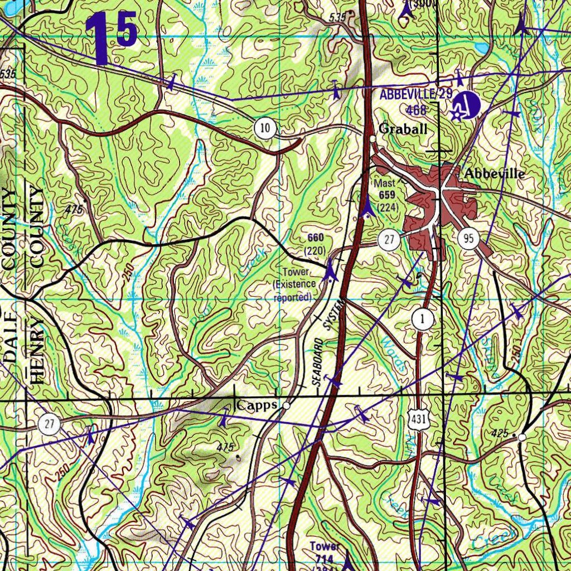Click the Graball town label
coord(403,129)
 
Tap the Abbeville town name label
coord(494,173)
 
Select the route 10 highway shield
coord(266,129)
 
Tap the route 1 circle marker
coord(423,319)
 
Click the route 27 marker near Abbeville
coord(389,241)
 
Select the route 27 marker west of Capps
coord(50,424)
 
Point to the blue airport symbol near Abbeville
coord(466,104)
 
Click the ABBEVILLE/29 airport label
coord(415,94)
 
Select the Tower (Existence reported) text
coord(294,284)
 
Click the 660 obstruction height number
coord(315,238)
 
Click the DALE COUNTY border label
coord(9,279)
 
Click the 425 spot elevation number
coord(500,433)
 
